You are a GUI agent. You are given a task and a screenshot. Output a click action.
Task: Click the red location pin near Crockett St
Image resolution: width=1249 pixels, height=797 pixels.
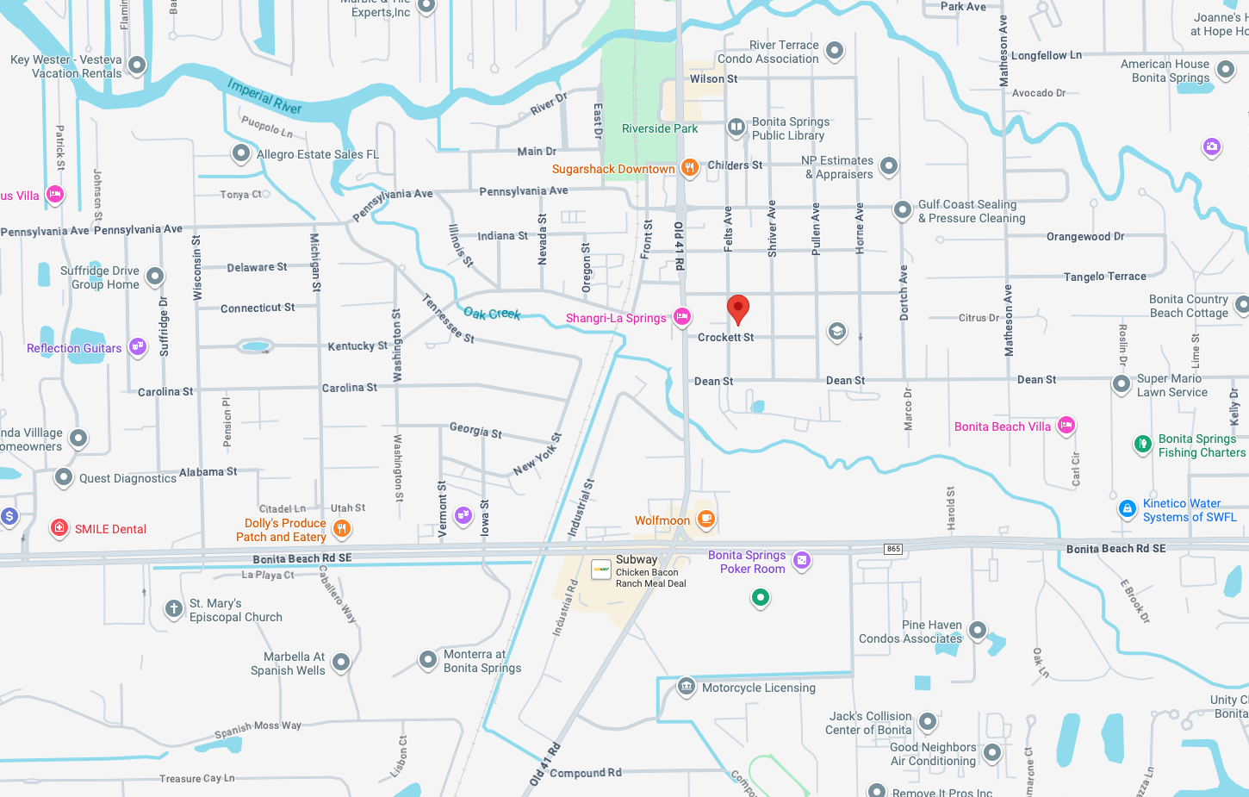738,308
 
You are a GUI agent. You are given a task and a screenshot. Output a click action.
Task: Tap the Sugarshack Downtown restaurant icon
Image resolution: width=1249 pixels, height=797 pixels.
689,168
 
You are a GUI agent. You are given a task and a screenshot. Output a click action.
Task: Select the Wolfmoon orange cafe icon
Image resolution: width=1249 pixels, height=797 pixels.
706,519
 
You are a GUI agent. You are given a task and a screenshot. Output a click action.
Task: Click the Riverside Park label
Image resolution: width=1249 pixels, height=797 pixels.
660,128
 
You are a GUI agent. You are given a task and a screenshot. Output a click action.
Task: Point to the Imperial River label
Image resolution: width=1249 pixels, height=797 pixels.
264,97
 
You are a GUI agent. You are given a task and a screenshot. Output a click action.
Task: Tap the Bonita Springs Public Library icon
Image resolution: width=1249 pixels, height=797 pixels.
736,128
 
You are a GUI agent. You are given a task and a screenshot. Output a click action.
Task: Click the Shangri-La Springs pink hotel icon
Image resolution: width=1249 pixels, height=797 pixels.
682,317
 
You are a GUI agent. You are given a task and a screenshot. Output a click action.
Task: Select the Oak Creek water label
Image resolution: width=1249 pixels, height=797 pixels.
492,314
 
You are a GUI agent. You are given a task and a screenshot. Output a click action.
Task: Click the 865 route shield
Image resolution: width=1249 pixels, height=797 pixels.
893,549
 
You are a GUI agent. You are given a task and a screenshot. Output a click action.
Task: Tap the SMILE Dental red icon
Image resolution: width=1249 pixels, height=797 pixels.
59,527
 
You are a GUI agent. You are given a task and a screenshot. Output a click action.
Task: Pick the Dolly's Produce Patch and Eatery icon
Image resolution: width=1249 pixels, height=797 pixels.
342,528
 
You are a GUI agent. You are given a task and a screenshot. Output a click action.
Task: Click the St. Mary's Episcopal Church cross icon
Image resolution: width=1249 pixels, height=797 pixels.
173,609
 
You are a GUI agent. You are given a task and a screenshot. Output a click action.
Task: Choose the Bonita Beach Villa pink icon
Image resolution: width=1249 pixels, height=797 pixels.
1066,425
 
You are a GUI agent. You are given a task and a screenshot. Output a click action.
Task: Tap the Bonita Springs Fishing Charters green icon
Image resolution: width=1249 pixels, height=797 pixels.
1142,445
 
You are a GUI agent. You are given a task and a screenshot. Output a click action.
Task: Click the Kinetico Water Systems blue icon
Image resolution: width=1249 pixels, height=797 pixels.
1127,509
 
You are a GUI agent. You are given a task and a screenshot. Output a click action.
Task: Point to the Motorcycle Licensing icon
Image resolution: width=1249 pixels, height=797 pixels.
686,687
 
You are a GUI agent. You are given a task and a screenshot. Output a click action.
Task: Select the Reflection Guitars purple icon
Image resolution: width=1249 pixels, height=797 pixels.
138,346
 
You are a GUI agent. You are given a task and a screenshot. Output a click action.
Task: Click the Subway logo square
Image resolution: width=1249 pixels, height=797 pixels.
601,570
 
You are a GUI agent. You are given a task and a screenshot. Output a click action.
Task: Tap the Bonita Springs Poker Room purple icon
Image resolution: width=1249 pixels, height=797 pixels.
802,561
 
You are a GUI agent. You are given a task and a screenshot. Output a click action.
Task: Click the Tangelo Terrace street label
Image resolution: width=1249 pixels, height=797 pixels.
1104,277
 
